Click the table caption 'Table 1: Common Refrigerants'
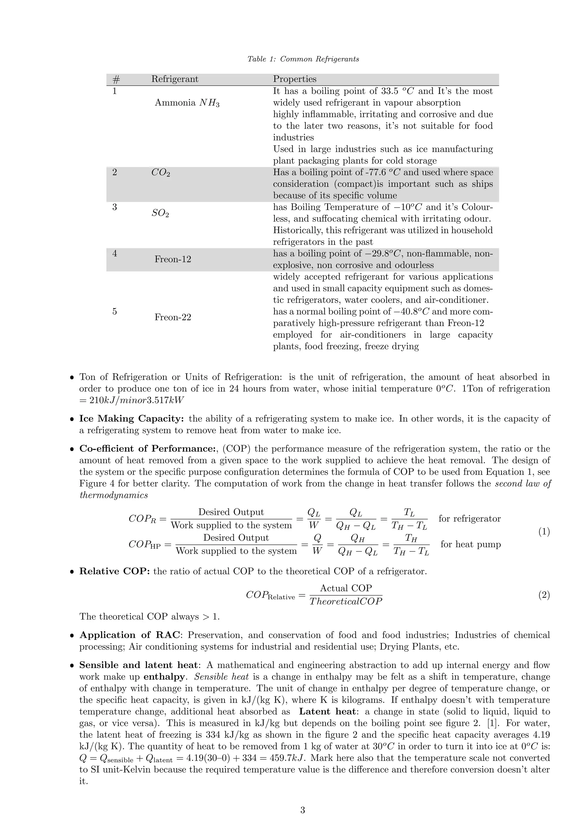(x=303, y=59)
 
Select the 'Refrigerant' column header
(x=175, y=79)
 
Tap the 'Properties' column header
(x=295, y=79)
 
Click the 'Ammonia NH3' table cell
(x=187, y=103)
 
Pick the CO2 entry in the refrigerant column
(x=161, y=173)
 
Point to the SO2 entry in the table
(x=160, y=213)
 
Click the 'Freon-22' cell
(x=173, y=317)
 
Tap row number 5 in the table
(x=115, y=311)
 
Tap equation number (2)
(x=544, y=595)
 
